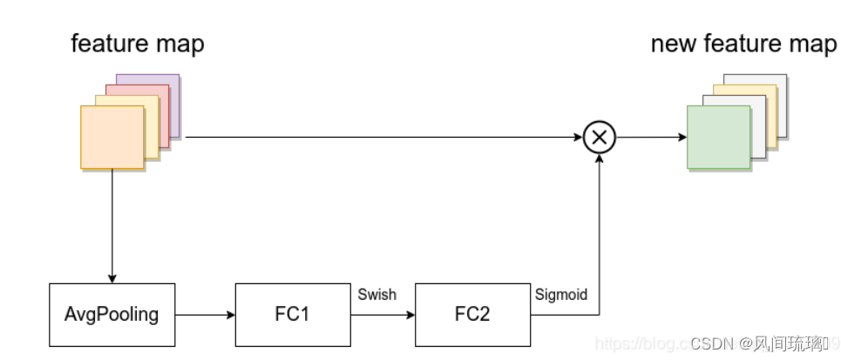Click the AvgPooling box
[112, 314]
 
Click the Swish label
[376, 295]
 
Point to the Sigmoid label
[560, 295]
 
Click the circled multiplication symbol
[600, 137]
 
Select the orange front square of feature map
[112, 136]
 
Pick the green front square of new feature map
[718, 137]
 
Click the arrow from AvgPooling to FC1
[205, 314]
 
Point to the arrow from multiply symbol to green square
[651, 137]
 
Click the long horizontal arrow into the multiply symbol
[383, 137]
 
